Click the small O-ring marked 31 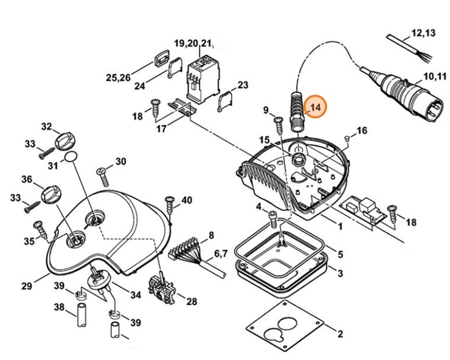tap(71, 157)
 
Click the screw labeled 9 tap(280, 125)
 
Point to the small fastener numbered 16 tap(347, 138)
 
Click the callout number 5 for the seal tap(340, 254)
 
